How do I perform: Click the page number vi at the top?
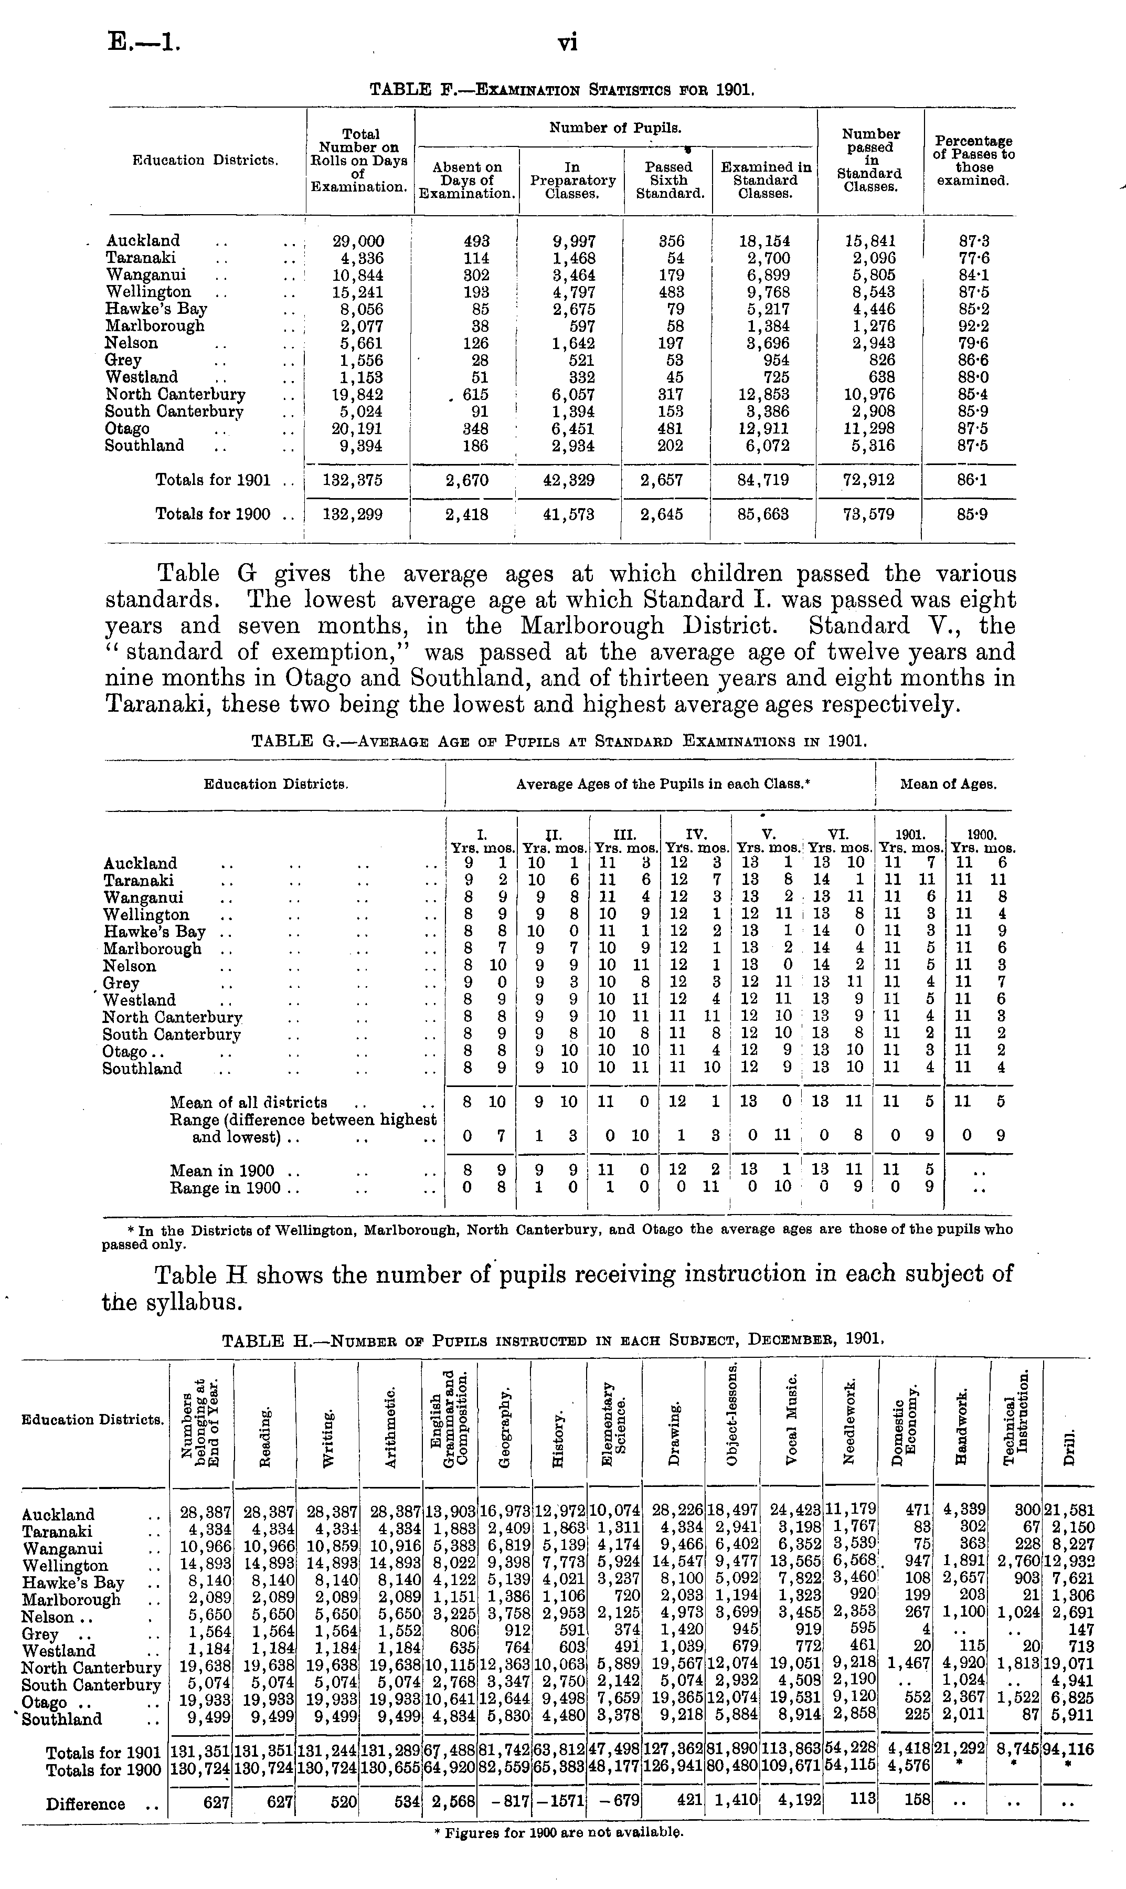tap(568, 42)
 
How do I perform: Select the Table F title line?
tap(562, 90)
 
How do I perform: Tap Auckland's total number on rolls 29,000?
tap(359, 241)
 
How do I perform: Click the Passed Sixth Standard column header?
tap(668, 180)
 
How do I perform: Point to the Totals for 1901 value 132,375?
tap(357, 480)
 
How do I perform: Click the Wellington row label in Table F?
tap(148, 292)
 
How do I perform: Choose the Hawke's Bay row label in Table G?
tap(154, 932)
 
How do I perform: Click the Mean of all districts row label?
tap(249, 1103)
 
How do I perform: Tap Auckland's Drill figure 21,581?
tap(1069, 1515)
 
